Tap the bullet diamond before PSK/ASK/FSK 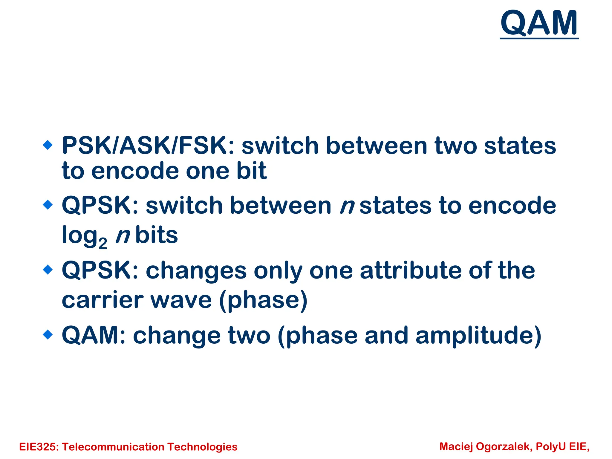coord(48,146)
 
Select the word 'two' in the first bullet coord(456,146)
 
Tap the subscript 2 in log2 coord(103,244)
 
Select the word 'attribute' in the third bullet coord(411,270)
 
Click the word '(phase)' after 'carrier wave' coord(263,300)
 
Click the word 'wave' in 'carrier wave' coord(181,300)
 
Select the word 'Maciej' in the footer coord(456,446)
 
